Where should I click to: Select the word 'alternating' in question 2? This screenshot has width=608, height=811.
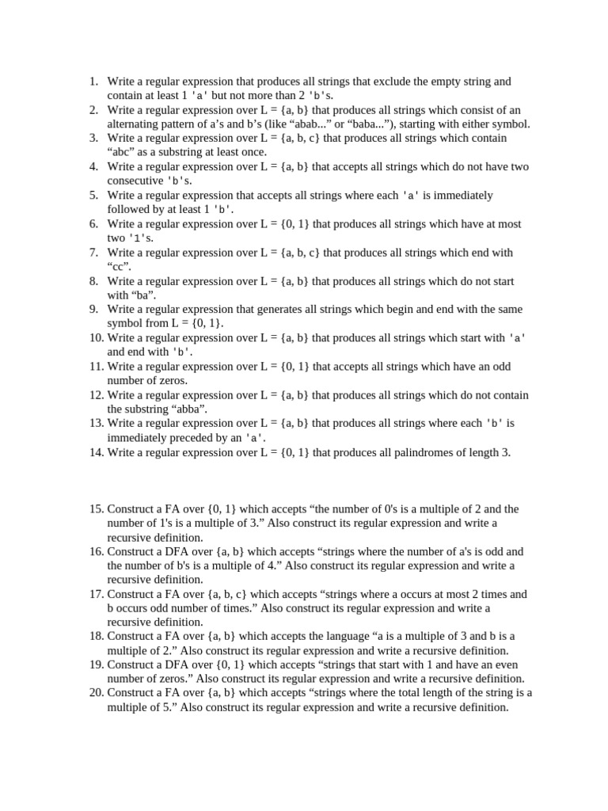135,124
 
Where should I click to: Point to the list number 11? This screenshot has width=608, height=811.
95,366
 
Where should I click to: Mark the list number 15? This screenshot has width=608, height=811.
95,509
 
